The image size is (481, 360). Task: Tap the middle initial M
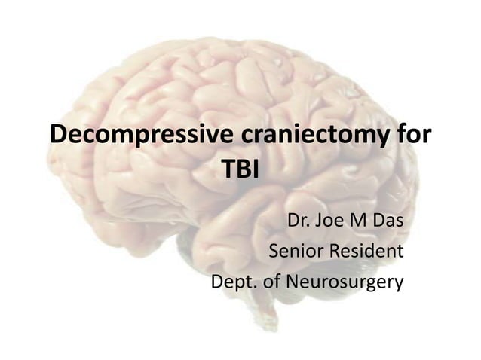tap(364, 224)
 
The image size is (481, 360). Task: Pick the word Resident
tap(365, 252)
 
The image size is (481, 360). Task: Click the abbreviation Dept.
tap(233, 283)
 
